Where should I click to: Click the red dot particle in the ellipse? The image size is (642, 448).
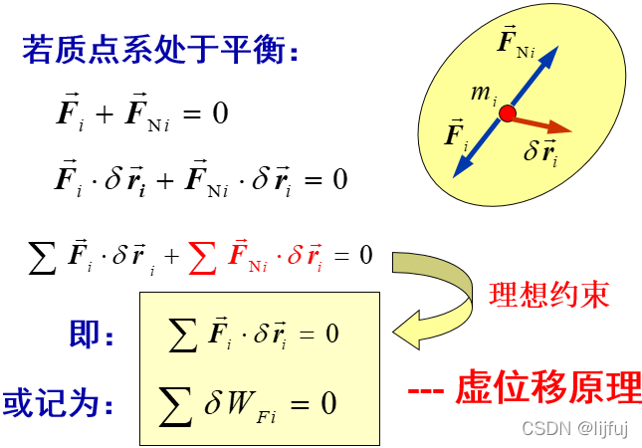point(508,113)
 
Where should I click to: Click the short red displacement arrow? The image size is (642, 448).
point(542,124)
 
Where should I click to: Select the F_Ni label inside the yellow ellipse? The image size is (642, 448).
point(518,44)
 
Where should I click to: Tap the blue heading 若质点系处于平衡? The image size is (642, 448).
point(159,50)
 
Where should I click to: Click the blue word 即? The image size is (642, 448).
point(85,334)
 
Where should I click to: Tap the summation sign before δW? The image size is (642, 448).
point(176,403)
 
